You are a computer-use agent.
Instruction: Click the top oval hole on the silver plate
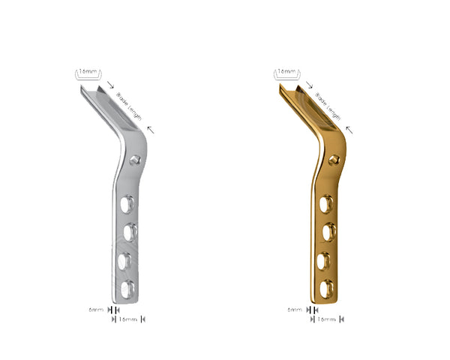(128, 202)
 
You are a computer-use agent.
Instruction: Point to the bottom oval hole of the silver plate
(127, 287)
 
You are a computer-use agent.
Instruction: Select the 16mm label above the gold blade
(287, 73)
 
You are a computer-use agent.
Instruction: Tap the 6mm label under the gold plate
(295, 309)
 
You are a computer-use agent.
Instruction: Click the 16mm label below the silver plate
(127, 319)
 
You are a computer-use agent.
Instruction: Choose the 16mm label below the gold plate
(326, 319)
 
